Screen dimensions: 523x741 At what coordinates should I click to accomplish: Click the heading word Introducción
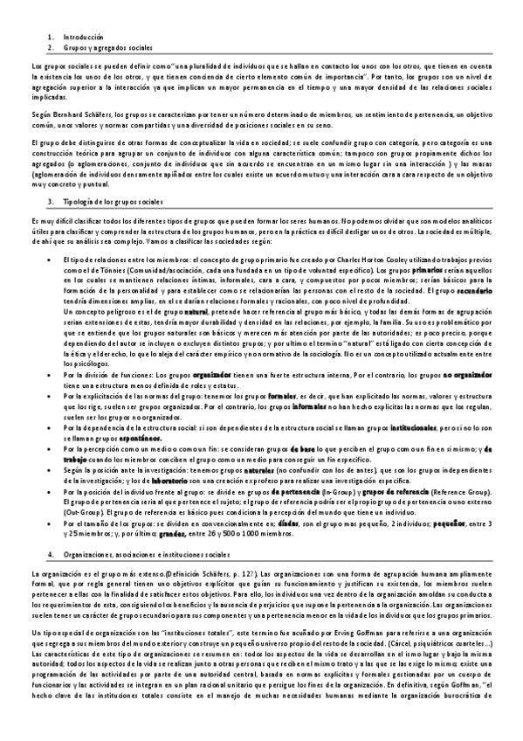click(83, 38)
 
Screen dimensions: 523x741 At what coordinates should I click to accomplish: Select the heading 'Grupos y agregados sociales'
click(102, 47)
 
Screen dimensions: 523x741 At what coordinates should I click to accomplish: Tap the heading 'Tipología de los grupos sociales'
click(113, 202)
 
